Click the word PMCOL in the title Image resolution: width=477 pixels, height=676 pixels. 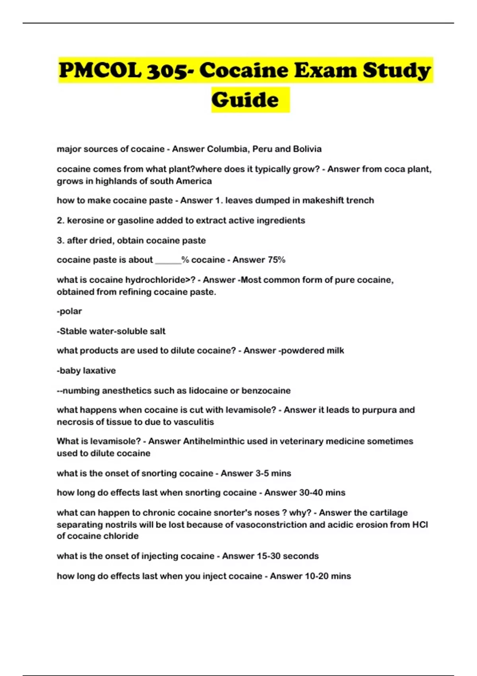(x=100, y=70)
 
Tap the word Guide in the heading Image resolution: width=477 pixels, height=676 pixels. (x=245, y=99)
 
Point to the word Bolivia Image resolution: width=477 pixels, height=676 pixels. (x=307, y=149)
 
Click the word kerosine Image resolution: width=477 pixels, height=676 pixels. (x=85, y=221)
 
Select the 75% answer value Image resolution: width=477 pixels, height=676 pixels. (x=277, y=260)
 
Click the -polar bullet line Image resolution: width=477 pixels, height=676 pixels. (x=70, y=311)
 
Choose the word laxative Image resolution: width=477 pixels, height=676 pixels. (x=99, y=371)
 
